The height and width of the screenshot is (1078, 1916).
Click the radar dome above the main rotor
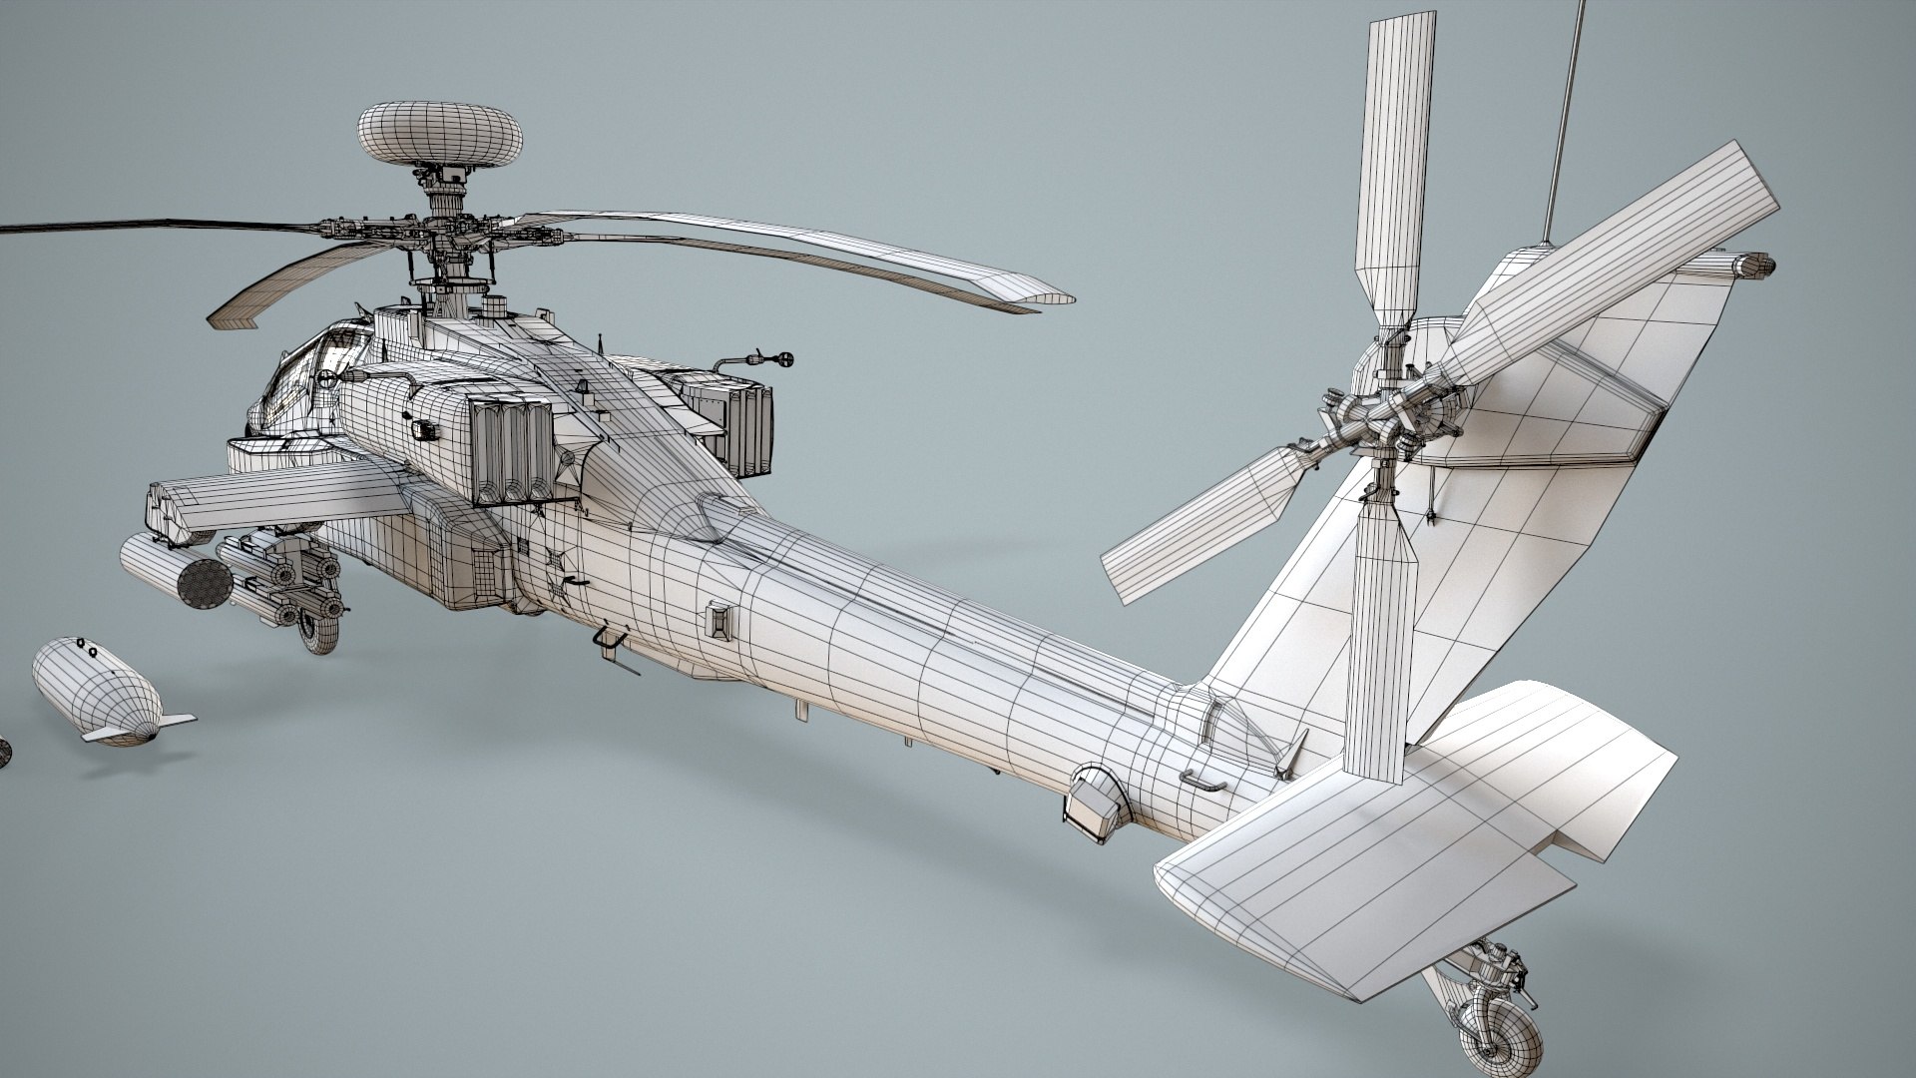(x=439, y=134)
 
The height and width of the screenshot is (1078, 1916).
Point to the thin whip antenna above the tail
(x=1563, y=110)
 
